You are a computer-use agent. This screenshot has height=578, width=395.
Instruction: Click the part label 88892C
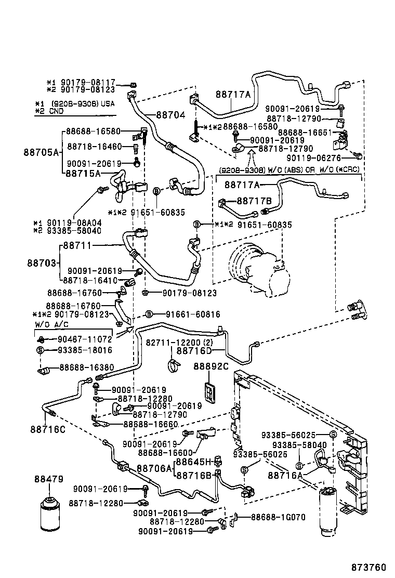(211, 367)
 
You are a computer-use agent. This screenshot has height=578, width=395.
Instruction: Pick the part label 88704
(170, 115)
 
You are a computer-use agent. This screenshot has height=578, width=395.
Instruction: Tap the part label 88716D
(194, 351)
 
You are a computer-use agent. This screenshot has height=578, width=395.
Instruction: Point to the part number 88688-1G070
(278, 517)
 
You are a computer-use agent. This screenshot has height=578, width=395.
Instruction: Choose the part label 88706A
(154, 468)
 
